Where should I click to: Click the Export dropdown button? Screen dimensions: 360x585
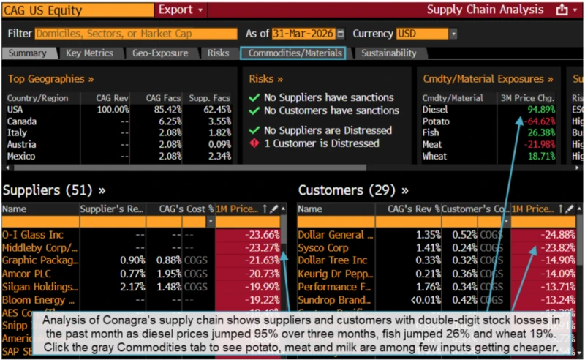pos(180,10)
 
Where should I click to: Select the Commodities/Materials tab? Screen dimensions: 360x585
pos(292,53)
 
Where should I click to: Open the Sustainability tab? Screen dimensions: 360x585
pos(389,53)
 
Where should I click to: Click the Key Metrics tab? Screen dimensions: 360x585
pos(89,53)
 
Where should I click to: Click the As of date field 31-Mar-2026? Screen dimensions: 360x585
pos(303,34)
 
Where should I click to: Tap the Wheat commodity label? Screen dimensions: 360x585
pos(434,157)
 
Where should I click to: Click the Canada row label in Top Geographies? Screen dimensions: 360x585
pos(22,121)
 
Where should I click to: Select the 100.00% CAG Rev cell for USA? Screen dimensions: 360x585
pos(113,110)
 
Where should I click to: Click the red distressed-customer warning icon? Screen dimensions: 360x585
pos(254,143)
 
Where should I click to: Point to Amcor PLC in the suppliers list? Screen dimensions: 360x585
pos(29,274)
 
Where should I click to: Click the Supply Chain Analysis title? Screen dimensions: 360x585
pos(486,10)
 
